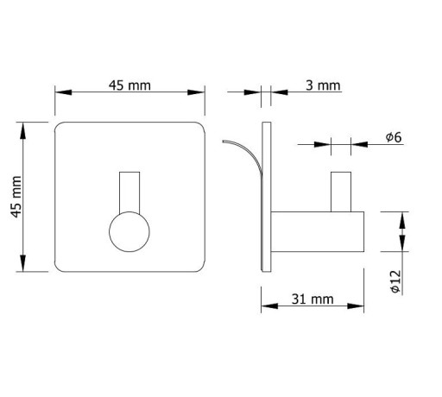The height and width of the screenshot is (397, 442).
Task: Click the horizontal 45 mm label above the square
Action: coord(129,85)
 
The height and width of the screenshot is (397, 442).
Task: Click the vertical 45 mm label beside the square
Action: coord(16,197)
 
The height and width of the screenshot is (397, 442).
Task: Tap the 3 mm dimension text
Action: coord(323,85)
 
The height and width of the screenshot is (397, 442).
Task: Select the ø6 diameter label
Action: coord(394,137)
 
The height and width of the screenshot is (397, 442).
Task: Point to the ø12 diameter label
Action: coord(395,281)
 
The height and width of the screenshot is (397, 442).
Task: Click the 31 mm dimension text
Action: coord(313,299)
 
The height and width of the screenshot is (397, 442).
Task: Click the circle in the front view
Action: coord(129,232)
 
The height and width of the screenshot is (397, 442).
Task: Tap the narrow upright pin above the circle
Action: coord(129,192)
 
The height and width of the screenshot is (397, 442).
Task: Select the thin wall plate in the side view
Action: coord(266,197)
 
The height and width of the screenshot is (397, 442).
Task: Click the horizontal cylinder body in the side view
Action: coord(318,232)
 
